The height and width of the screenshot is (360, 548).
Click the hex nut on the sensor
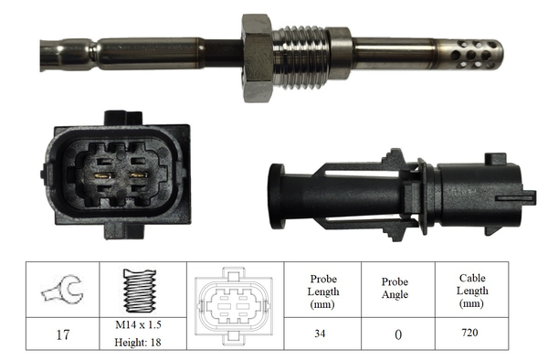coord(257,58)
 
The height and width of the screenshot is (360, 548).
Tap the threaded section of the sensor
coord(300,58)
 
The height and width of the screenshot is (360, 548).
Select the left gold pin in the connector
coord(102,175)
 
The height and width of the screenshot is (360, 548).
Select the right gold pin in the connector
coord(139,175)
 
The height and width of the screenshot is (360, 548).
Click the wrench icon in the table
coord(63,290)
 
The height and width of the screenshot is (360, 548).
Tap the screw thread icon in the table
coord(140,291)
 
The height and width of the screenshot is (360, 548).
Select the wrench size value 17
coord(63,334)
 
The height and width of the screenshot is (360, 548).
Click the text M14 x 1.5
coord(139,324)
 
